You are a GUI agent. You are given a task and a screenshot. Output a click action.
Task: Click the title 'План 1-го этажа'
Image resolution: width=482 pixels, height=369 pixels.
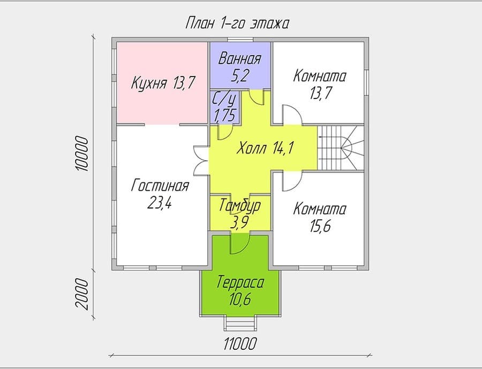coord(237,24)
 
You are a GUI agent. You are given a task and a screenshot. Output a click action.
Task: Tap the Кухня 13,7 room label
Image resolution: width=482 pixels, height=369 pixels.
coord(163,82)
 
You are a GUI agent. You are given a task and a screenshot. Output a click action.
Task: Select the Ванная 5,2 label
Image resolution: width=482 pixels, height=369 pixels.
coord(240,67)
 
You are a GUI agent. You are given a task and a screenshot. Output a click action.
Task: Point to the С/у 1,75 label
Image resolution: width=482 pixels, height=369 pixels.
coord(225,107)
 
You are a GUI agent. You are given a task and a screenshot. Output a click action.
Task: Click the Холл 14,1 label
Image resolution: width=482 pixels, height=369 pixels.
coord(265,149)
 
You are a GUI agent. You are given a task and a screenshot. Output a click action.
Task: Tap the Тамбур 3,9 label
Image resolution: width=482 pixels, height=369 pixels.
coord(240,213)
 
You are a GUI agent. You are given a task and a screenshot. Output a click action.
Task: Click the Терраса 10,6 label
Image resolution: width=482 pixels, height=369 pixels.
coord(240,290)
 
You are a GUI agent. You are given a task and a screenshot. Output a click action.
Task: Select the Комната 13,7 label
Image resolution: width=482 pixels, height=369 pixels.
coord(320,84)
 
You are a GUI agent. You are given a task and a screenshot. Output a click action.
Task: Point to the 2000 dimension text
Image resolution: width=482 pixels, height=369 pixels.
coord(82,295)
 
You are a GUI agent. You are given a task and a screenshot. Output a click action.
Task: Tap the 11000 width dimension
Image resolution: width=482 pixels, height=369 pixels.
coord(239,344)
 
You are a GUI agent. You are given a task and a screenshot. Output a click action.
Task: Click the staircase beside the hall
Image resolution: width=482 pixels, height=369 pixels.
coord(341,148)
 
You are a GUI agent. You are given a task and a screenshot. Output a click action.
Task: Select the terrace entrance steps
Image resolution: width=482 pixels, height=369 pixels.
coord(240,324)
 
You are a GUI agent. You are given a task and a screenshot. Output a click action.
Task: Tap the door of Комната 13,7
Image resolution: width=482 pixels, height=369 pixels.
coord(292,114)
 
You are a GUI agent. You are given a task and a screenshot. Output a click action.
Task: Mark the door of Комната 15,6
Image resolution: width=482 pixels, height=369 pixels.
coord(292,182)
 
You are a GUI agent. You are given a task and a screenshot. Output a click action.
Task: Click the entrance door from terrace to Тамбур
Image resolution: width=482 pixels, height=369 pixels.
coord(240,244)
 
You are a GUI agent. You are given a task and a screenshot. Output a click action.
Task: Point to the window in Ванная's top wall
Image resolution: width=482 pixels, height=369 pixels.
coord(240,39)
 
